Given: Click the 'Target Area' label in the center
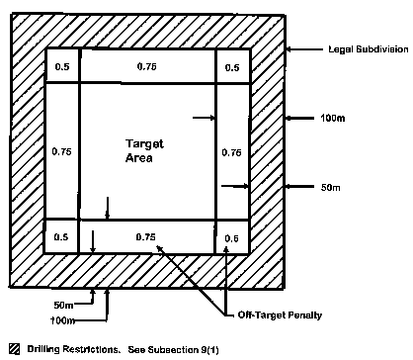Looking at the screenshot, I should (x=145, y=150).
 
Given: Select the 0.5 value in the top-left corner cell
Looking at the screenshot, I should (x=60, y=68).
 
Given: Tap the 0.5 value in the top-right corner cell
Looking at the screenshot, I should (x=232, y=68).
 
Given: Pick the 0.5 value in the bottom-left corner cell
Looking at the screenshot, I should (x=60, y=236).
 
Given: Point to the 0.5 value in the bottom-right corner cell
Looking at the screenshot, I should (x=232, y=237).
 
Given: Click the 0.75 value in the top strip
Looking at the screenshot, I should (x=145, y=68).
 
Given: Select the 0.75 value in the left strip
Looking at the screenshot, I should (x=60, y=152).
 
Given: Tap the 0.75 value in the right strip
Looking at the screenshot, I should (x=232, y=152).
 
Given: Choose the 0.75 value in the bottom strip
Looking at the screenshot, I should (x=145, y=236).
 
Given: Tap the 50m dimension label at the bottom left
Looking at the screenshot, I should (x=64, y=305).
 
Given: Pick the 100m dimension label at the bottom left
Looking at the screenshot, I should (x=64, y=321).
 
